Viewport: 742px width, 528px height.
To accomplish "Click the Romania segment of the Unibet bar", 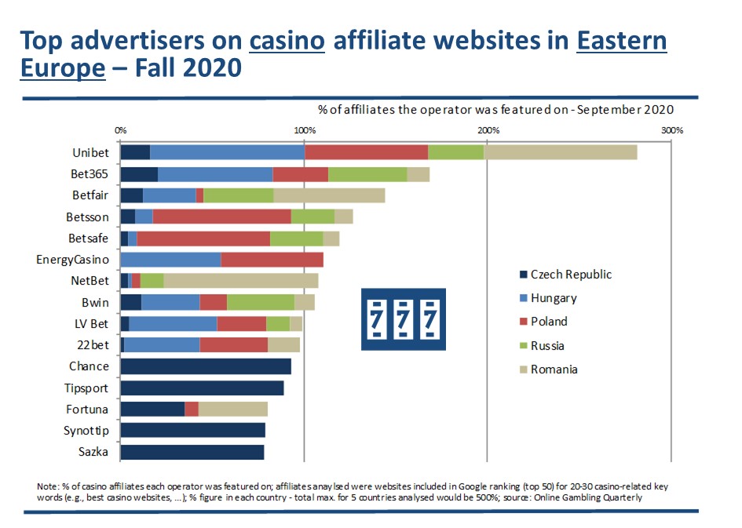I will (x=560, y=152).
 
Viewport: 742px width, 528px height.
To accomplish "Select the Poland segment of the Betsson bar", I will (x=221, y=217).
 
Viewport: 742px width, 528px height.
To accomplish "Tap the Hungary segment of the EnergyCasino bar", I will (x=170, y=260).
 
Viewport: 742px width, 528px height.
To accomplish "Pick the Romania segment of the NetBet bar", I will (x=240, y=281).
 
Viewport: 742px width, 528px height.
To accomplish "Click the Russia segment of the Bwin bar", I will (x=260, y=302).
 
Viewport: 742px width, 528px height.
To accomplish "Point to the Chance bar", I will (x=206, y=366).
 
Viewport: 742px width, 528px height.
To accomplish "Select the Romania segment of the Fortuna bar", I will (x=232, y=409).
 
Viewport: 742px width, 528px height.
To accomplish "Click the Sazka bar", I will (x=192, y=452).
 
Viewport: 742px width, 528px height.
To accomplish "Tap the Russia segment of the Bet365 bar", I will (x=367, y=174).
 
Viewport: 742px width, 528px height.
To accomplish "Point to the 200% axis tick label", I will (x=487, y=129).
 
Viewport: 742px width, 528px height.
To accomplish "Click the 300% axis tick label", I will (x=672, y=129).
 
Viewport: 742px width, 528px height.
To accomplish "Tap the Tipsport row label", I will (x=86, y=388).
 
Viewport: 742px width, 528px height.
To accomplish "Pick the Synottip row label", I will (x=86, y=431).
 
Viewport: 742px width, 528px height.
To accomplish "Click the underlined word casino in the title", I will (x=287, y=41).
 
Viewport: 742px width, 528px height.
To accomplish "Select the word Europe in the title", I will (x=63, y=67).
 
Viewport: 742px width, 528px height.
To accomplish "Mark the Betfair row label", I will (x=90, y=195).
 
